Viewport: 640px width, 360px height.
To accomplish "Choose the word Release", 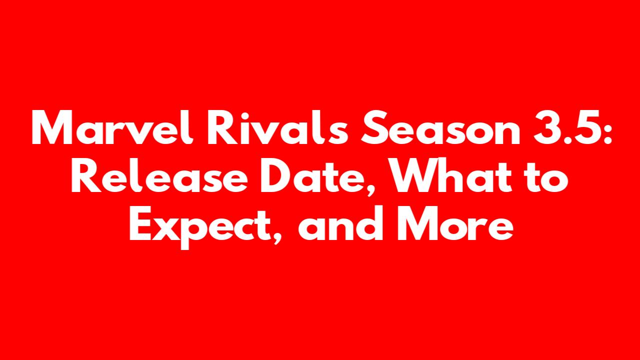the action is [159, 175].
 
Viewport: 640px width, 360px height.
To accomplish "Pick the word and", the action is [340, 223].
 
